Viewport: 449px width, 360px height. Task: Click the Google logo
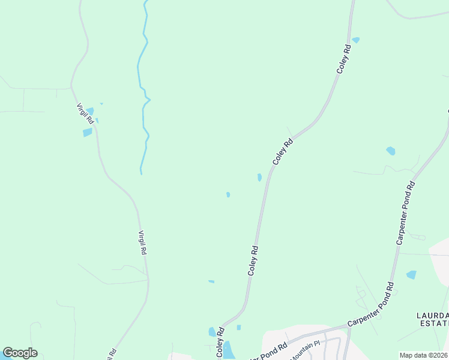coord(20,353)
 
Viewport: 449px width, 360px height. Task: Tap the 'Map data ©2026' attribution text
coord(423,355)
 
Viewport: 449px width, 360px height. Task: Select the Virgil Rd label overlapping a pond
coord(85,113)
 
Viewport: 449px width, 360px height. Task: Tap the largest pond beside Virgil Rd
coord(88,132)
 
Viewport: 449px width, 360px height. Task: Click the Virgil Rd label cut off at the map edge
coord(112,355)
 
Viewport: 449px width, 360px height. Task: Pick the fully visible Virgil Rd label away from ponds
coord(143,244)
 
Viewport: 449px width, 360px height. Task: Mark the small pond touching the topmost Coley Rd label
coord(356,40)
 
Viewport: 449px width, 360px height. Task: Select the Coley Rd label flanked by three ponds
coord(220,343)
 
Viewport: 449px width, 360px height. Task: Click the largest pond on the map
coord(229,349)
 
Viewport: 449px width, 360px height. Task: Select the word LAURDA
coord(432,316)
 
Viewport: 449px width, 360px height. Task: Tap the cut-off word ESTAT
coord(433,324)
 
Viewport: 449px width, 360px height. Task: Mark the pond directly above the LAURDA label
coord(411,275)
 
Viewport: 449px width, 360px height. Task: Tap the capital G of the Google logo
coord(8,353)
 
